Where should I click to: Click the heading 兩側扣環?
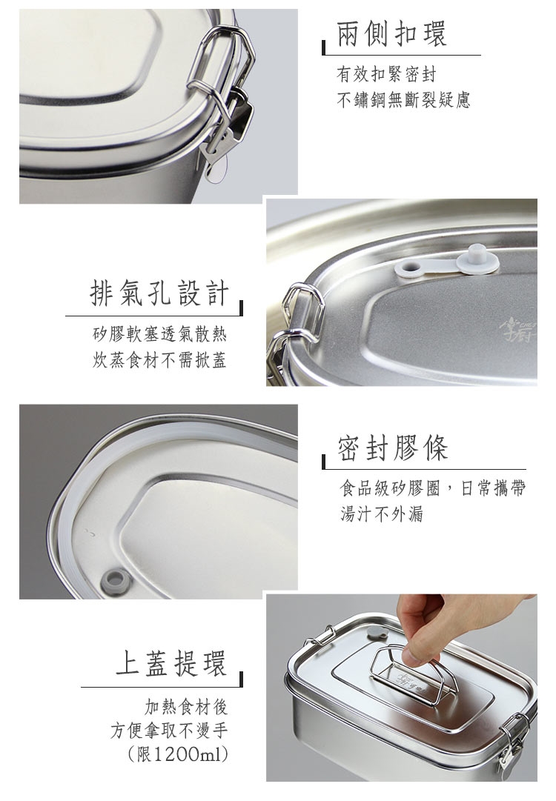[x=391, y=34]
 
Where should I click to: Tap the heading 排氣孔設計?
[x=159, y=293]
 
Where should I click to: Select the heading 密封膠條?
[x=392, y=448]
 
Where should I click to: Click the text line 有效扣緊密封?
[x=386, y=74]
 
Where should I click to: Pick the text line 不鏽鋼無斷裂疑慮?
[x=403, y=99]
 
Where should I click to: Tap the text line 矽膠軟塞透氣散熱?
[x=159, y=335]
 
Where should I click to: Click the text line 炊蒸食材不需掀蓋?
[x=159, y=360]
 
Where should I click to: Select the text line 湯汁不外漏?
[x=382, y=513]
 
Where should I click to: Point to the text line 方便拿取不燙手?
[x=169, y=731]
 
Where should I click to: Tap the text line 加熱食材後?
[x=186, y=707]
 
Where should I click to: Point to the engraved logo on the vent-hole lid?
[x=520, y=329]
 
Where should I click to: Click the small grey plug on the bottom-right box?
[x=376, y=634]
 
